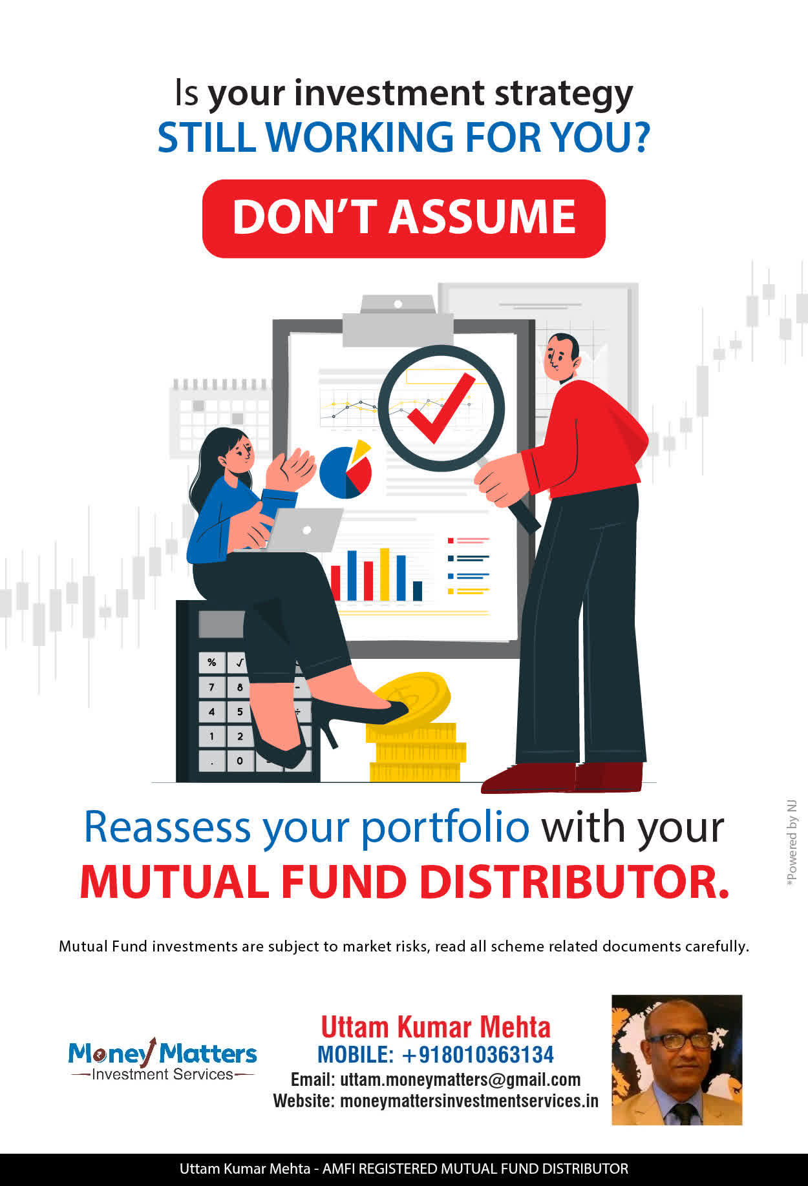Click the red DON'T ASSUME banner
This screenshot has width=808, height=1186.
point(403,218)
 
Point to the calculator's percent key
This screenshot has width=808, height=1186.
point(211,662)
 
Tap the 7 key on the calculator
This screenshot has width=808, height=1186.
point(211,687)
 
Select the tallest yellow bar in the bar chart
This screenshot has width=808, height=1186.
point(385,574)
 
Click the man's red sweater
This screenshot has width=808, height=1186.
point(585,439)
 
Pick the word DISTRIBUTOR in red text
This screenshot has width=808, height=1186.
point(574,882)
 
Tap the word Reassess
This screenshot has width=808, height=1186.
point(167,827)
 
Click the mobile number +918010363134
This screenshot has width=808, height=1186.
point(478,1055)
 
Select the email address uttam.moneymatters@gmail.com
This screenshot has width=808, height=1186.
point(460,1079)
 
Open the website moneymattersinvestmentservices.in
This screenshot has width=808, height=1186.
point(469,1101)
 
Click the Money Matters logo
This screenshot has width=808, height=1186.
point(162,1059)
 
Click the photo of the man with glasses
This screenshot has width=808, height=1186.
point(677,1060)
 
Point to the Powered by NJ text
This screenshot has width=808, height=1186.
point(792,843)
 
